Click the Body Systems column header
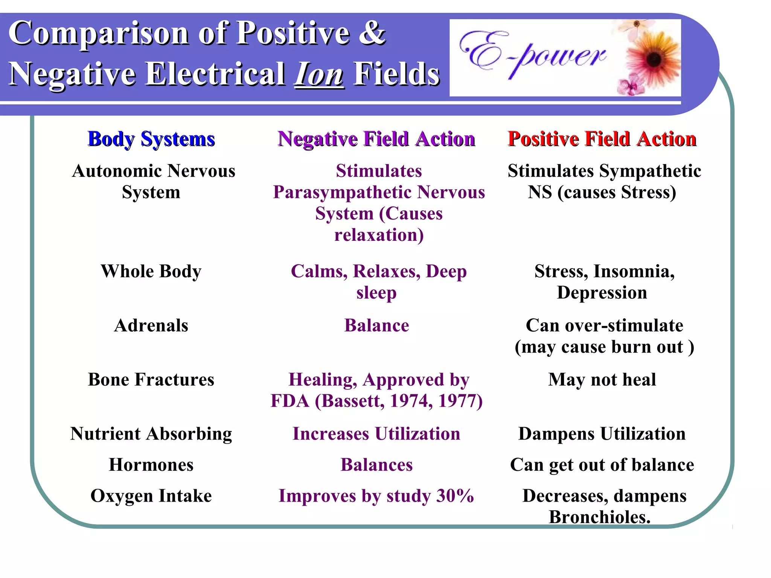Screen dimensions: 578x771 click(151, 139)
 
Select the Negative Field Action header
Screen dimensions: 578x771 click(376, 139)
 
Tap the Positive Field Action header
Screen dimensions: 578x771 click(602, 139)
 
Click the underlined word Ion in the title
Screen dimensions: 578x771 click(319, 74)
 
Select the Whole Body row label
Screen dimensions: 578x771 click(151, 271)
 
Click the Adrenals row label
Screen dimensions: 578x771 click(151, 326)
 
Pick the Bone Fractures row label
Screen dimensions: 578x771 click(151, 380)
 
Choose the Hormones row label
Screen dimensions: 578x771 click(151, 465)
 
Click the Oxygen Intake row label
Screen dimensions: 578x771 click(151, 496)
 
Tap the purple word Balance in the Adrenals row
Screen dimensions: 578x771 click(376, 326)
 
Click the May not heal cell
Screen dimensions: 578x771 click(602, 380)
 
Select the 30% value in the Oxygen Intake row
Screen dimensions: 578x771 click(455, 496)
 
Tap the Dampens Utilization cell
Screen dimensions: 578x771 click(602, 434)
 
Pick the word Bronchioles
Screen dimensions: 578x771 click(600, 517)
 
